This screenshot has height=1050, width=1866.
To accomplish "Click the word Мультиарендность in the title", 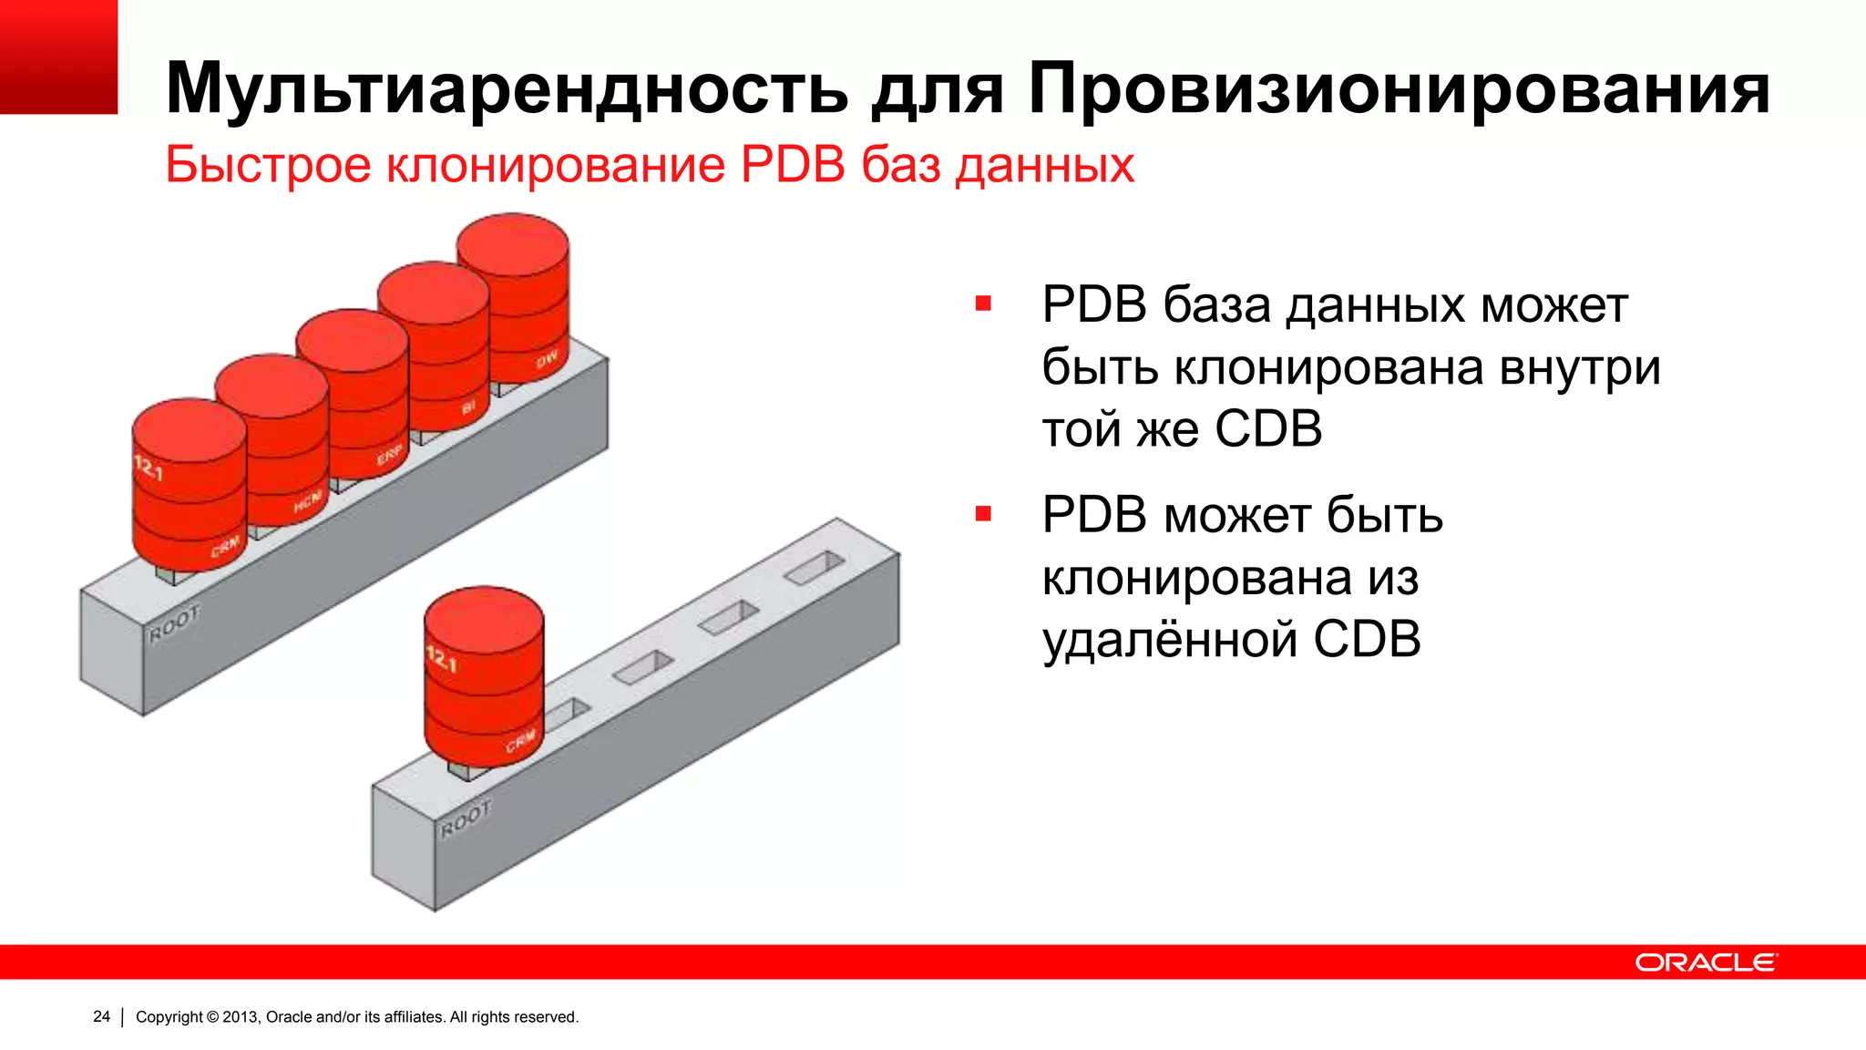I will pyautogui.click(x=507, y=89).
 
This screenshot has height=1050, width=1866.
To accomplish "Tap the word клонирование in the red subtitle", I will pyautogui.click(x=557, y=165).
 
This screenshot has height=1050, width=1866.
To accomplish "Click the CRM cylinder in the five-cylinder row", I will pyautogui.click(x=190, y=483).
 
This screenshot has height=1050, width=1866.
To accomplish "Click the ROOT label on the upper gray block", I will pyautogui.click(x=174, y=624).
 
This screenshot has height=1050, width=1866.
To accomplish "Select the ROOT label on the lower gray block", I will pyautogui.click(x=466, y=818).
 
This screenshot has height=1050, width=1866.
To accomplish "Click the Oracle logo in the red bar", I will pyautogui.click(x=1705, y=962).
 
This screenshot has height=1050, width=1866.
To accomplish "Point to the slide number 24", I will pyautogui.click(x=101, y=1016).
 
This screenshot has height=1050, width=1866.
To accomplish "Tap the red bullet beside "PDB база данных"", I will pyautogui.click(x=983, y=304).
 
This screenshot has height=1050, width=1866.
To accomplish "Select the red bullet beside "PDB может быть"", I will pyautogui.click(x=983, y=514).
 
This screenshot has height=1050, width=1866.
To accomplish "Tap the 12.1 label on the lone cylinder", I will pyautogui.click(x=442, y=658).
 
